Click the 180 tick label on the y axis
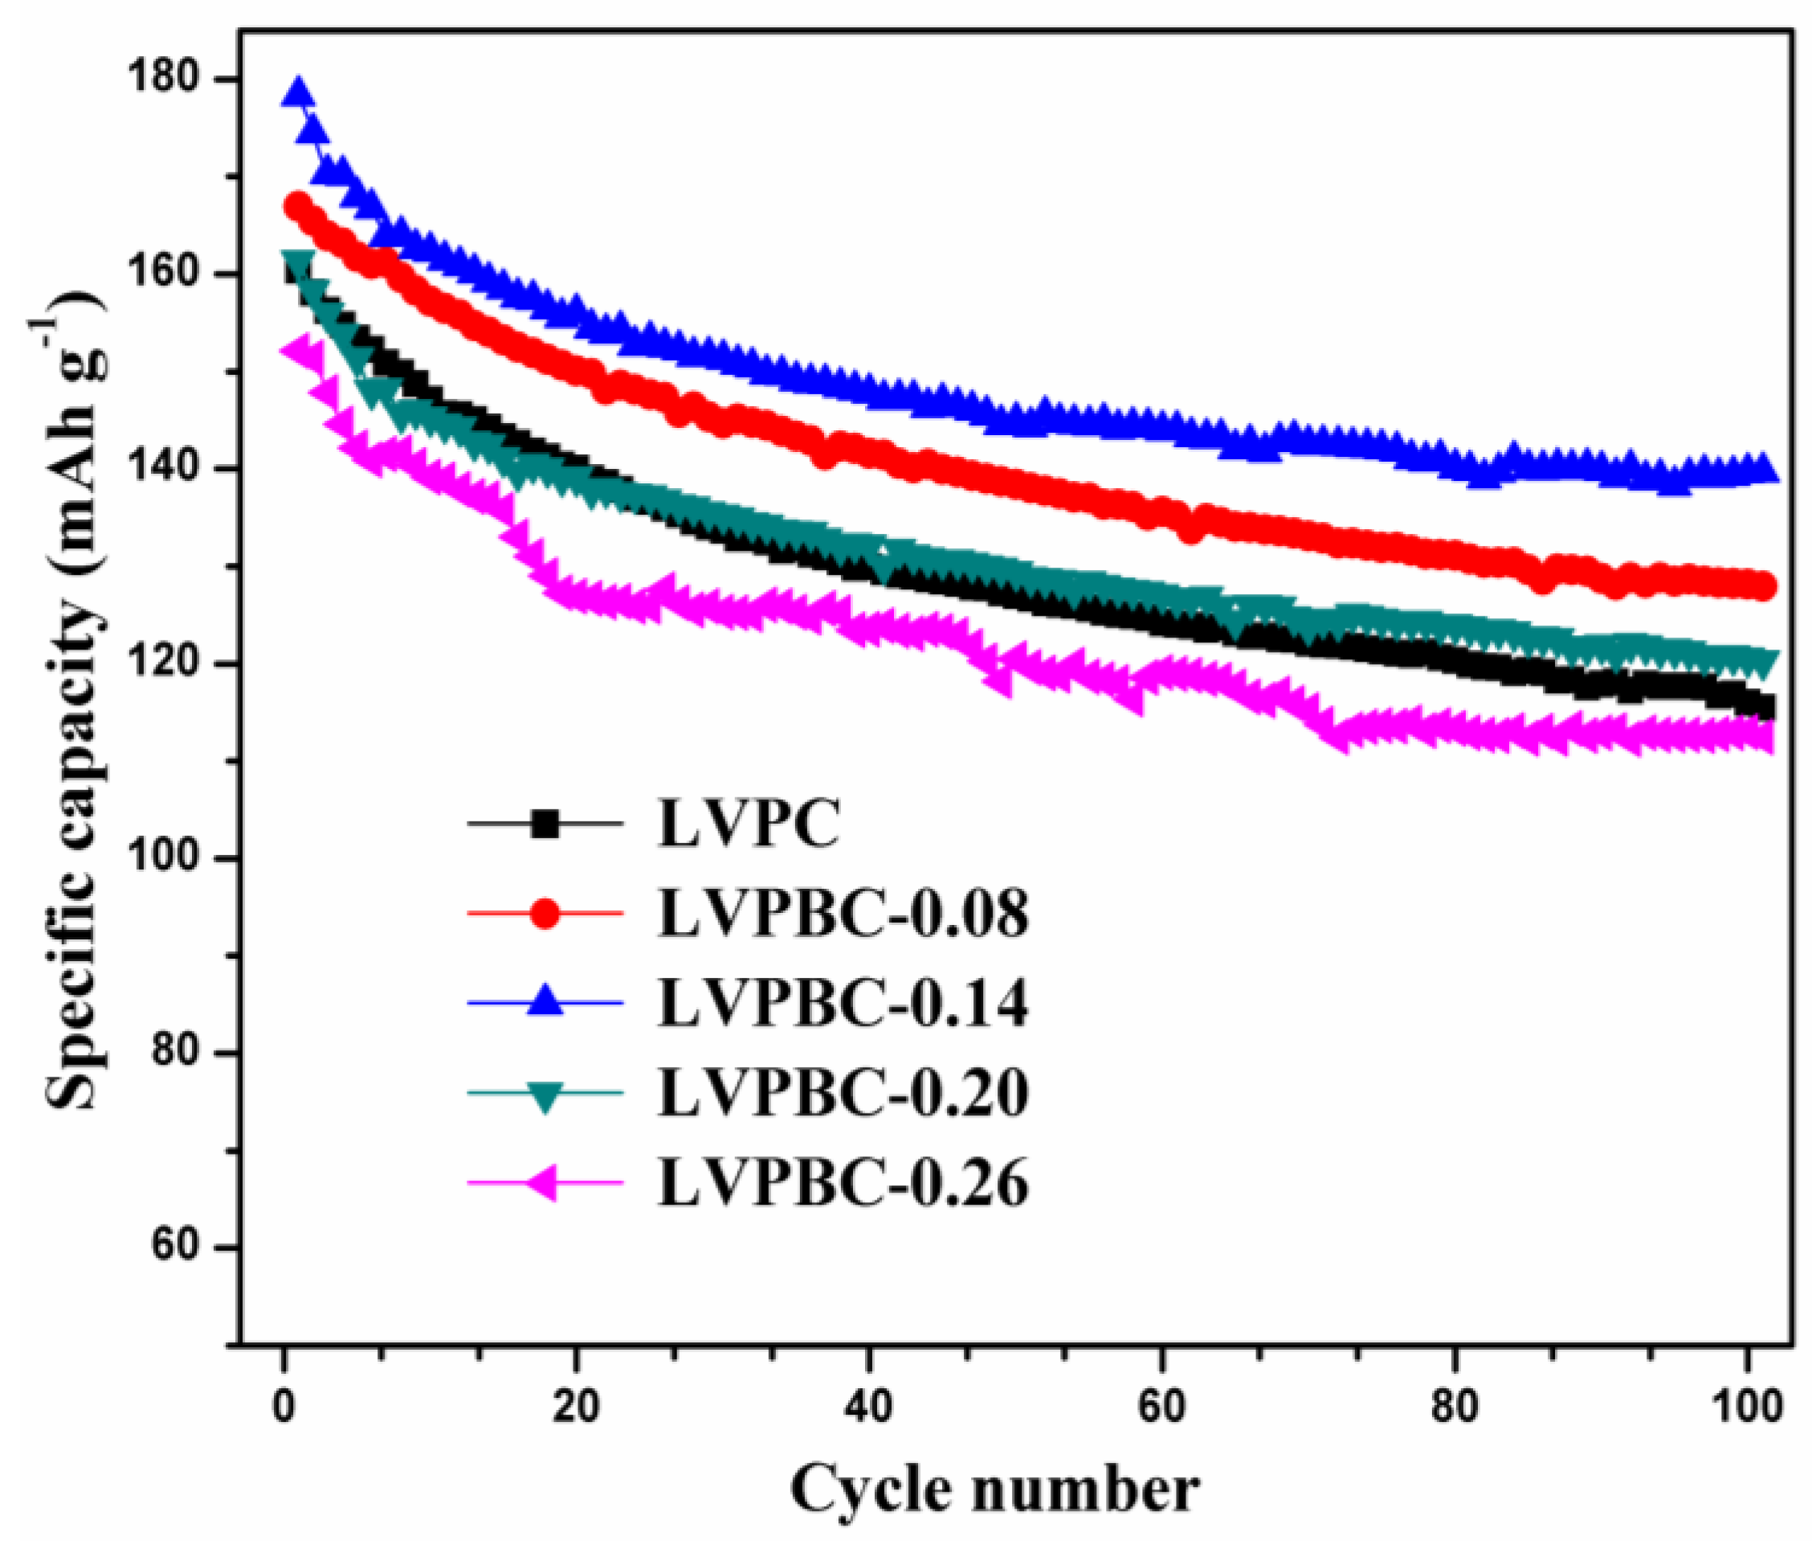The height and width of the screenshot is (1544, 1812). (172, 79)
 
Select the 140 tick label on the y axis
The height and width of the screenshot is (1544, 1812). (172, 470)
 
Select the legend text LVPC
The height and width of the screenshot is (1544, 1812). (749, 823)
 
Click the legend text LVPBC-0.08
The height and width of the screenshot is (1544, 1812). (843, 914)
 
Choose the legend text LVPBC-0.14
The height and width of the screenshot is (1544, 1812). (843, 1003)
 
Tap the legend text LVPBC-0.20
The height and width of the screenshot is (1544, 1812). (843, 1093)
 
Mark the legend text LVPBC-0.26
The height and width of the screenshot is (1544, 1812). (843, 1183)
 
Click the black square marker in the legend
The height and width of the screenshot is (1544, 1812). (545, 824)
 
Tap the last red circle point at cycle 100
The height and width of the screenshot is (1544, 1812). (1763, 587)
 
